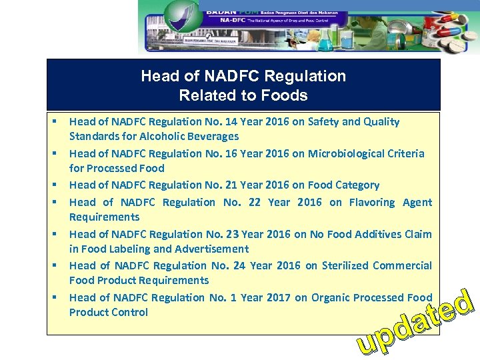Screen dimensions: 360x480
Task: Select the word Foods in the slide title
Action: [286, 95]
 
